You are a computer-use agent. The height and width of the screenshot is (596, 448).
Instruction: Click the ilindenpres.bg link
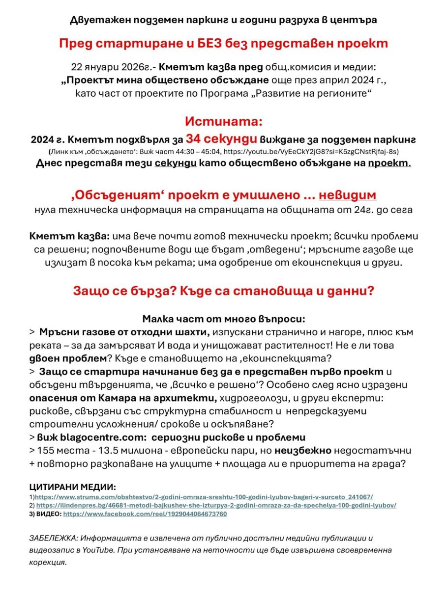(216, 505)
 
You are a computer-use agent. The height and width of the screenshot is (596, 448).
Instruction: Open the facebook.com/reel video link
(145, 514)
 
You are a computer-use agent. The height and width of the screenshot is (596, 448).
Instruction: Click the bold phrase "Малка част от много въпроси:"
(224, 318)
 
